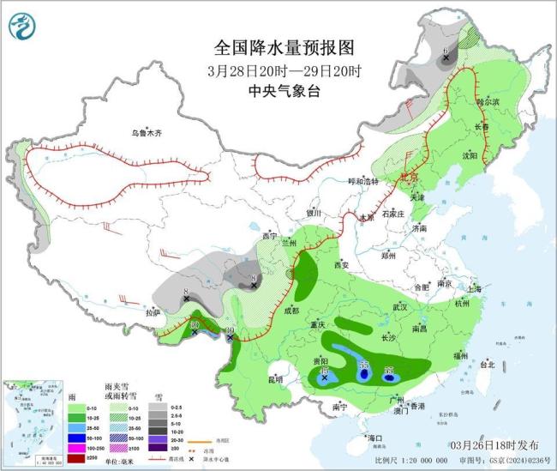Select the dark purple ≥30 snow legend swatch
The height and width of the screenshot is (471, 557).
coord(155,448)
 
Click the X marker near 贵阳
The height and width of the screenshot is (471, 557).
coord(325,376)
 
